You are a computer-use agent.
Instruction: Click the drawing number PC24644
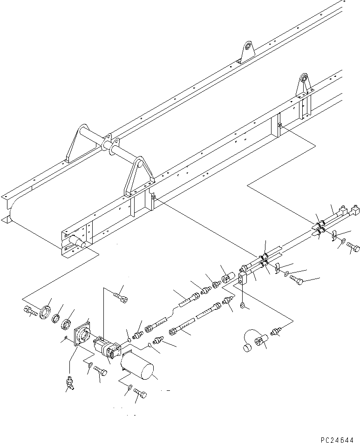point(337,440)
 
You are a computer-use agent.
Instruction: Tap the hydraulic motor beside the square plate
point(107,346)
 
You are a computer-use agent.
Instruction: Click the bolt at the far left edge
point(29,311)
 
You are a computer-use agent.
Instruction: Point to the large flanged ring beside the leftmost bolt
point(45,311)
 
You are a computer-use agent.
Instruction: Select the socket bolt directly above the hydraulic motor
point(121,298)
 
